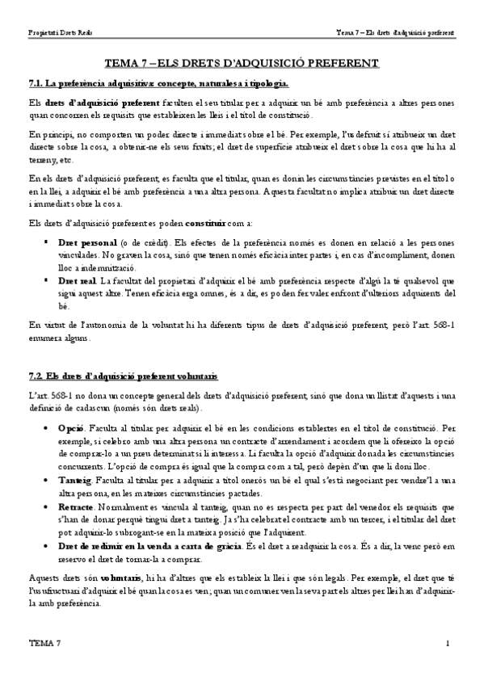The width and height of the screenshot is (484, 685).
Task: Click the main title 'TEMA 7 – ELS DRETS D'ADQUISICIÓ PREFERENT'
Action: (242, 62)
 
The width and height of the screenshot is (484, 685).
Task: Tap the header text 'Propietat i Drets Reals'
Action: (60, 33)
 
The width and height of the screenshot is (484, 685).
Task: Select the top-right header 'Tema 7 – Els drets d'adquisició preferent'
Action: (394, 33)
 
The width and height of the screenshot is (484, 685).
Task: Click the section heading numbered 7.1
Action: (158, 83)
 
